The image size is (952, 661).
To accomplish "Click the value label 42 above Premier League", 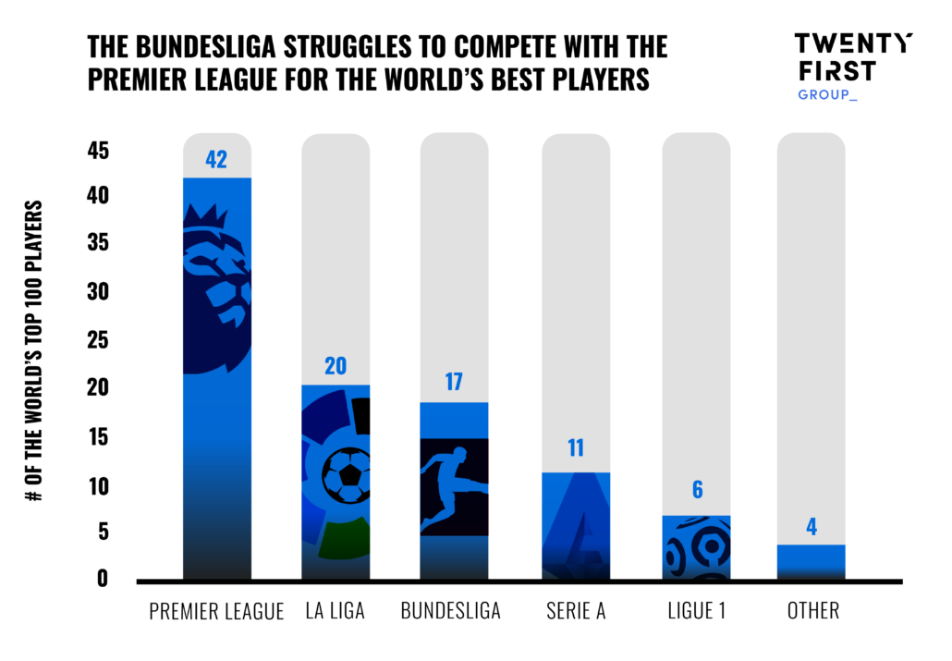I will point(216,160).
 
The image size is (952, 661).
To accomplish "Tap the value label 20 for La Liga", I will point(336,366).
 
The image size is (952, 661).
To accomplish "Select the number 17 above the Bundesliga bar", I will point(453,383).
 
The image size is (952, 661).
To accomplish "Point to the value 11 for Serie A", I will point(575,448).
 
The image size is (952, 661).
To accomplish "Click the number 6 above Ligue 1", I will point(696,491).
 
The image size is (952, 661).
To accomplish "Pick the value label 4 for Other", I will point(811,527).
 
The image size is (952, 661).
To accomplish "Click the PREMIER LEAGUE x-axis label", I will point(216,612).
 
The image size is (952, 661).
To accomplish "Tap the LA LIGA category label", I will point(336,612).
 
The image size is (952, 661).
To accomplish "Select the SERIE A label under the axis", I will point(575,612).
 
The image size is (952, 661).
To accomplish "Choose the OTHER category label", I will point(812,612).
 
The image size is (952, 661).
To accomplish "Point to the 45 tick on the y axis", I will point(98,150).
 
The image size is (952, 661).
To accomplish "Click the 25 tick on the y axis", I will point(98,341).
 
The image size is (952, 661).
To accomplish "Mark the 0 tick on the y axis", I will point(104,579).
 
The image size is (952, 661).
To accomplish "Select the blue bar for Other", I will point(811,562).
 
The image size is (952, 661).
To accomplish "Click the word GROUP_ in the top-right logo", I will point(827,94).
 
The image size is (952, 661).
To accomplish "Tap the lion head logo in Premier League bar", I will point(216,282).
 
